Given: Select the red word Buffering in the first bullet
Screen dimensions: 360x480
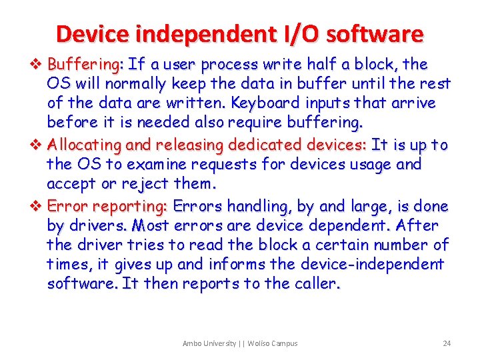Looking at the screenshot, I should point(83,65).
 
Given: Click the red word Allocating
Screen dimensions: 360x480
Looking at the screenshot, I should point(83,145).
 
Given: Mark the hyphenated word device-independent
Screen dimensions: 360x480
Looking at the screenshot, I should point(371,264).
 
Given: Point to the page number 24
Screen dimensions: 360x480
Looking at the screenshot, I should point(447,343).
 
